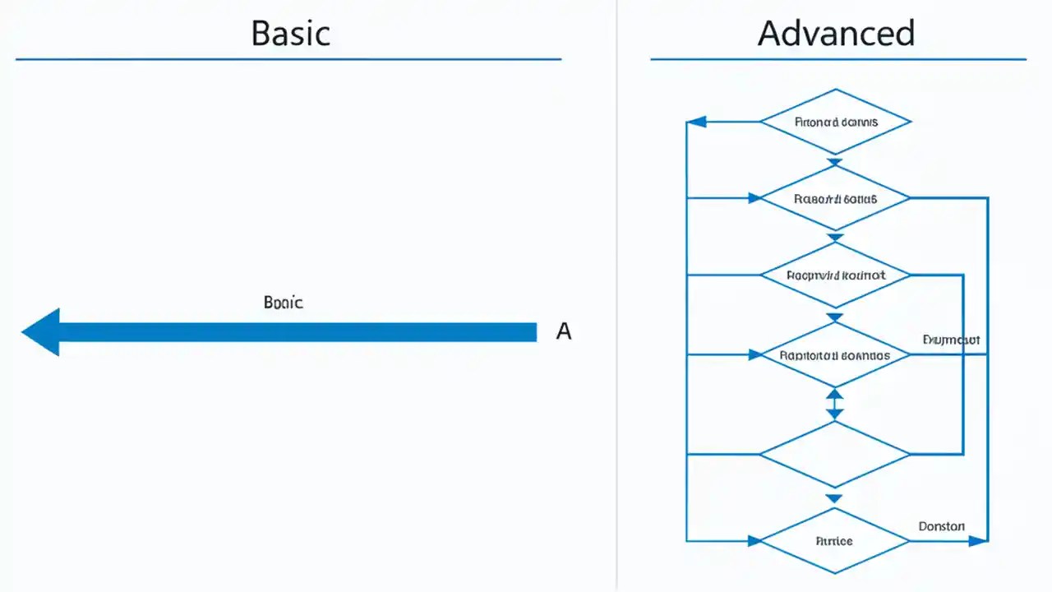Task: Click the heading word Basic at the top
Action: click(x=290, y=33)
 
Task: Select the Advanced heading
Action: click(x=836, y=33)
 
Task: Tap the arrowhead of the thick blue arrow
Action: click(x=41, y=332)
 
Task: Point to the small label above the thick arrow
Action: click(x=284, y=303)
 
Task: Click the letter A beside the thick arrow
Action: click(x=563, y=331)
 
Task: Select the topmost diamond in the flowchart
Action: click(x=836, y=122)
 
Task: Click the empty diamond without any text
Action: click(x=835, y=454)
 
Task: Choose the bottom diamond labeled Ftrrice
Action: click(x=835, y=541)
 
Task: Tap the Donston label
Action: click(x=941, y=526)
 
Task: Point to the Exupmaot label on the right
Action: click(x=951, y=339)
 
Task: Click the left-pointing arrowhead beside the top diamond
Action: click(x=696, y=122)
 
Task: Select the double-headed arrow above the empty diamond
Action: click(x=835, y=404)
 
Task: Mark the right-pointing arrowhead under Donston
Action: click(x=977, y=541)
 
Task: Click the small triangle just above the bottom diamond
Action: click(x=834, y=498)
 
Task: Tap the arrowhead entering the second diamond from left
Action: click(x=754, y=197)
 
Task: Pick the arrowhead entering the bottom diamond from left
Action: click(x=754, y=541)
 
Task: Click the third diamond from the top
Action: click(x=835, y=276)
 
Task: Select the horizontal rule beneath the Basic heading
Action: click(x=288, y=59)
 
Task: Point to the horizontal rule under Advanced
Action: click(x=838, y=59)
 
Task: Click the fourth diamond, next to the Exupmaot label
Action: click(x=835, y=355)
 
